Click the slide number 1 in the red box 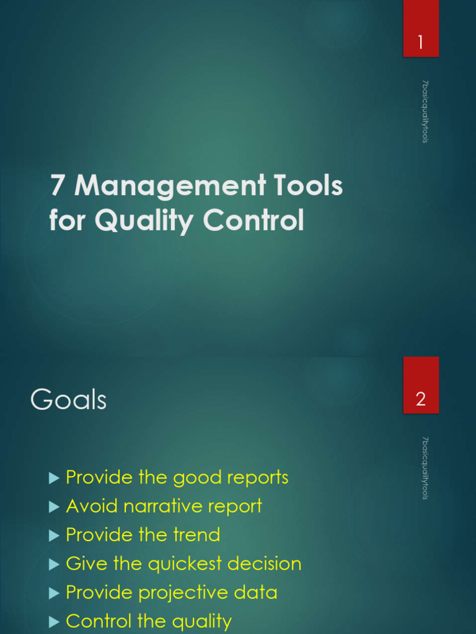pyautogui.click(x=421, y=43)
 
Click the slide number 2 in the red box pyautogui.click(x=421, y=399)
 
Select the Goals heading pyautogui.click(x=68, y=401)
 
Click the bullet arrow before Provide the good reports pyautogui.click(x=53, y=477)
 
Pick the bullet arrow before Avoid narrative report pyautogui.click(x=53, y=506)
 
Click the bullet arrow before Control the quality pyautogui.click(x=53, y=622)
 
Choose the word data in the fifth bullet pyautogui.click(x=255, y=593)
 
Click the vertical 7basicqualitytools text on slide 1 pyautogui.click(x=425, y=112)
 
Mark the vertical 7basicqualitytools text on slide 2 pyautogui.click(x=425, y=468)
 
